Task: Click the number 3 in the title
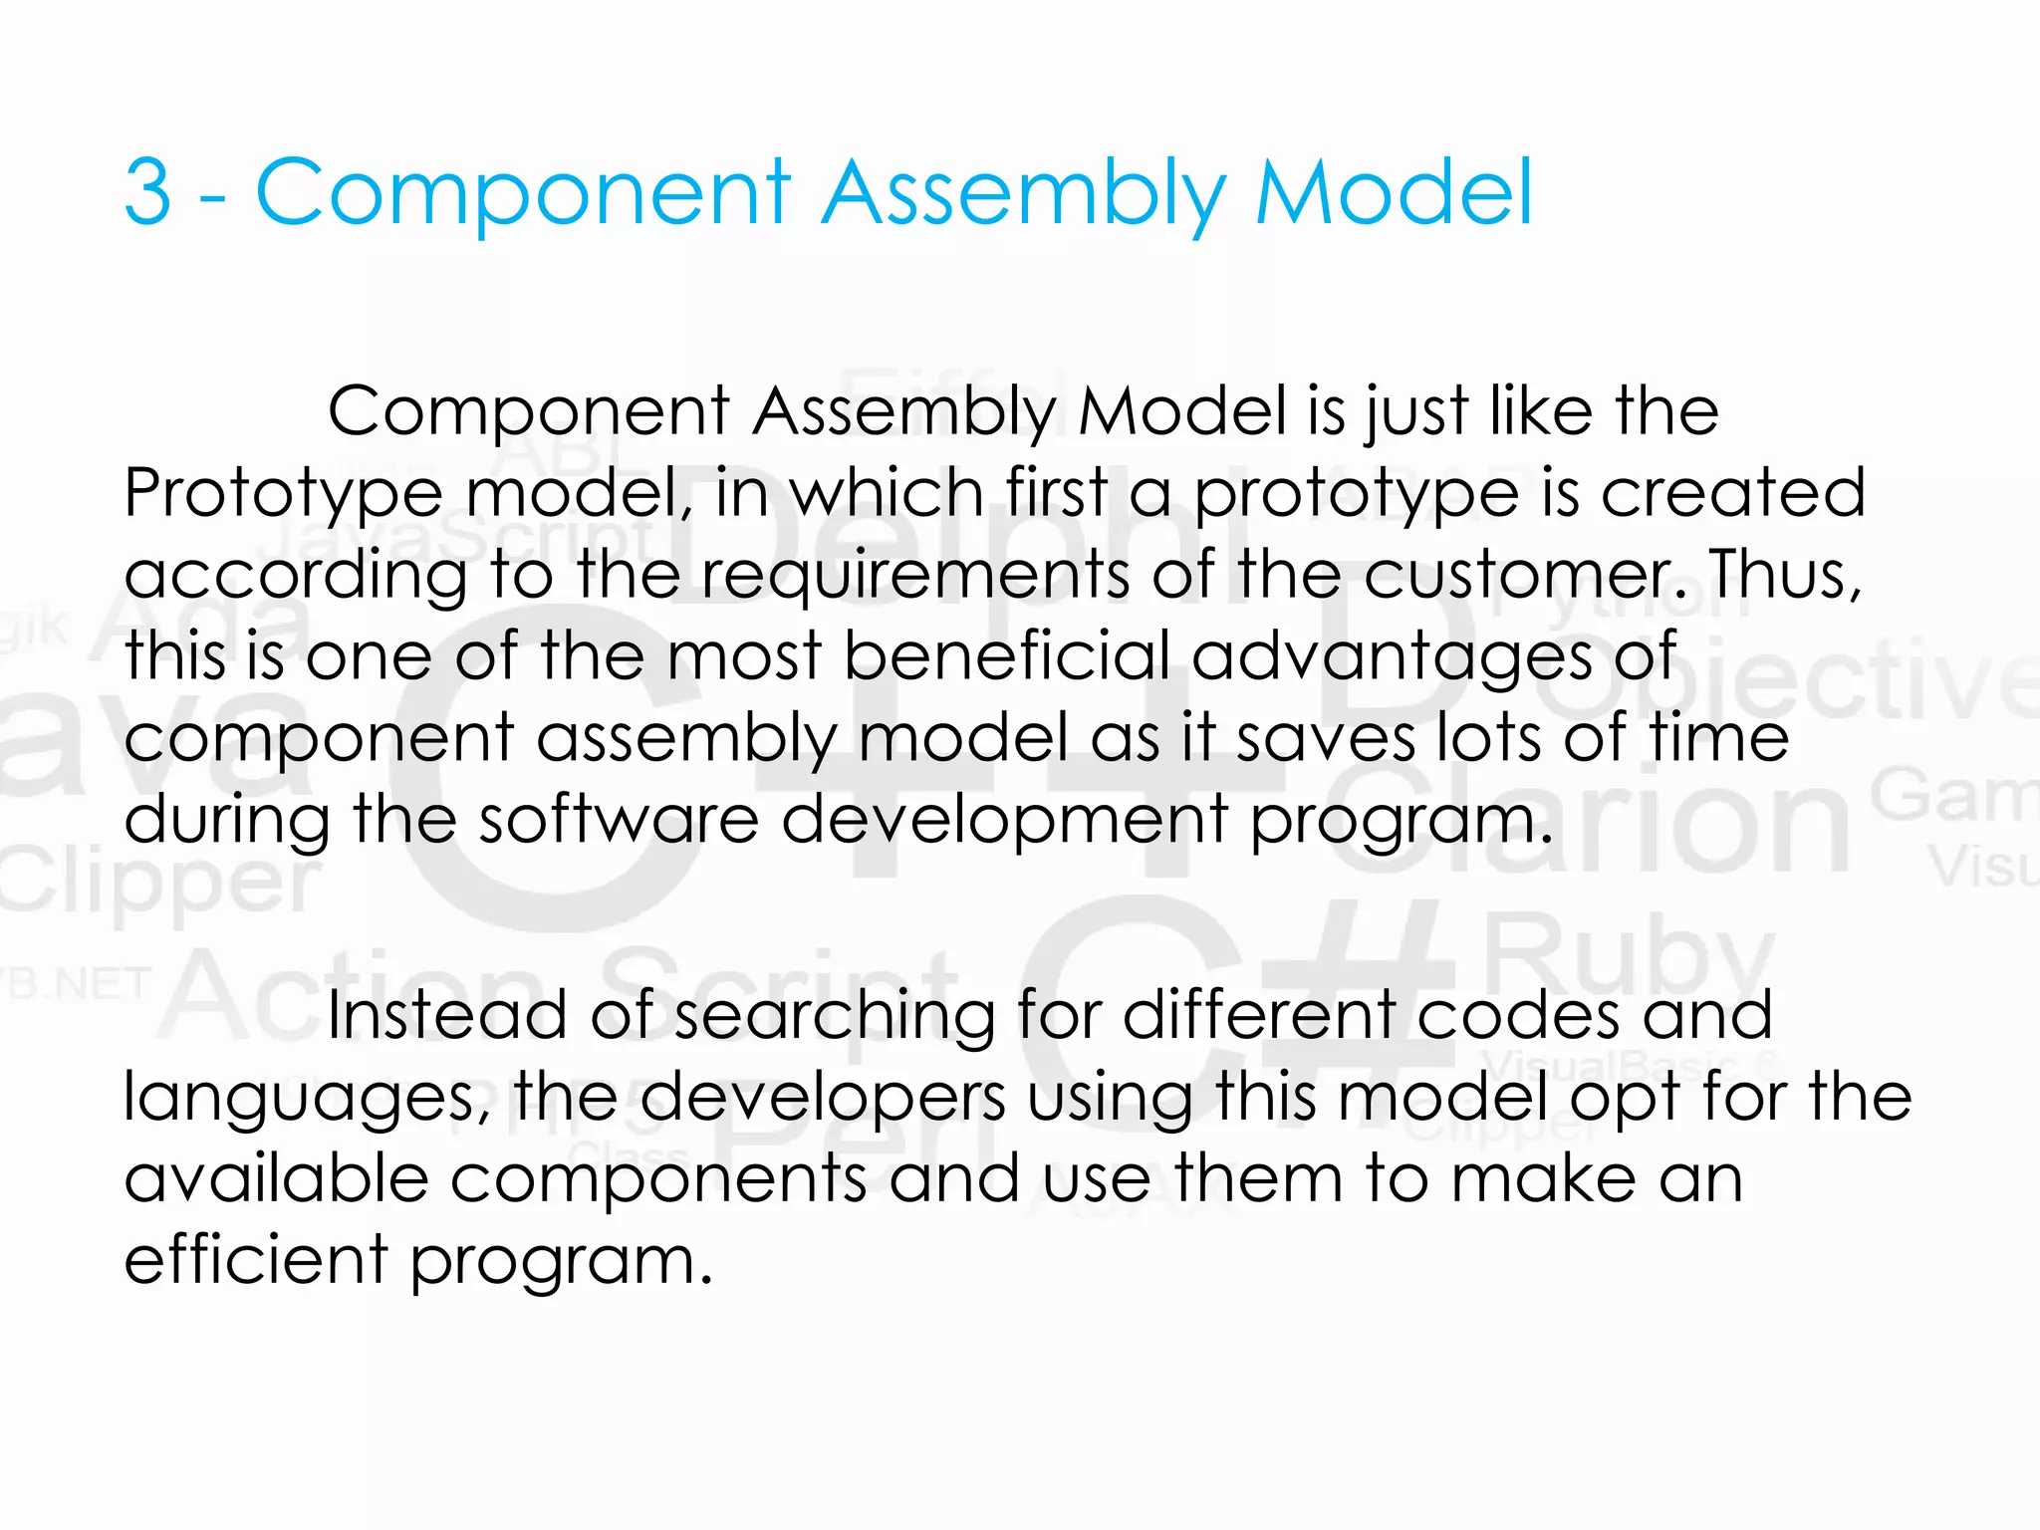147,191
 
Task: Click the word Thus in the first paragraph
1783,575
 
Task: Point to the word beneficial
1006,656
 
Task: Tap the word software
619,819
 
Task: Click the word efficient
255,1260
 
